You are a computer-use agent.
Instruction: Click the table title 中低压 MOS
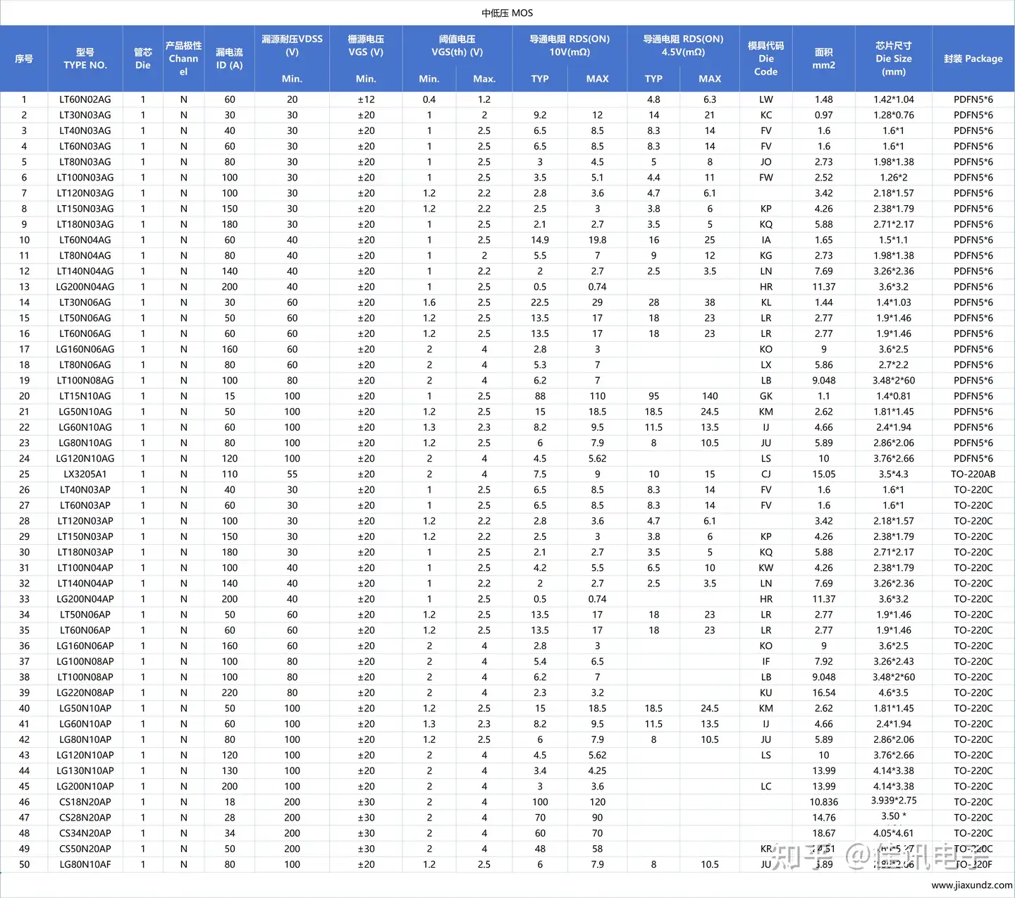point(507,13)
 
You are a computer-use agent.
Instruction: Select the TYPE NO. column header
point(85,59)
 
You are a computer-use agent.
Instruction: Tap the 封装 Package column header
point(973,59)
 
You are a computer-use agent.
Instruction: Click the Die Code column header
point(765,59)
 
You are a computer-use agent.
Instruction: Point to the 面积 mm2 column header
point(823,59)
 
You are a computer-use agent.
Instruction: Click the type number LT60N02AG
point(85,99)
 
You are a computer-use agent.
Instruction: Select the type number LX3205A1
point(85,474)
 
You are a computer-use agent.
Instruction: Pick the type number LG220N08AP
point(85,693)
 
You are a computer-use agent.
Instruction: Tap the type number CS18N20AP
point(85,802)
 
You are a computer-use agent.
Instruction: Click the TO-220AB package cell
point(973,474)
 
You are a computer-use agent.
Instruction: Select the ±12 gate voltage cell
point(366,99)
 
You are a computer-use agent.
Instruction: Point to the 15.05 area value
point(823,474)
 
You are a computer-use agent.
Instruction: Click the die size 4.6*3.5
point(893,693)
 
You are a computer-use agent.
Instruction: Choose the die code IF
point(766,662)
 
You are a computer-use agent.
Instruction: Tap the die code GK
point(766,396)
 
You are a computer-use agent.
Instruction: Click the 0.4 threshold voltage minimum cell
point(429,99)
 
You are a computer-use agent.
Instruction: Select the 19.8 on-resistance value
point(597,240)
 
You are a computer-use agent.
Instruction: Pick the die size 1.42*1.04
point(893,99)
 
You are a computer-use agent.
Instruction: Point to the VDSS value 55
point(292,474)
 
